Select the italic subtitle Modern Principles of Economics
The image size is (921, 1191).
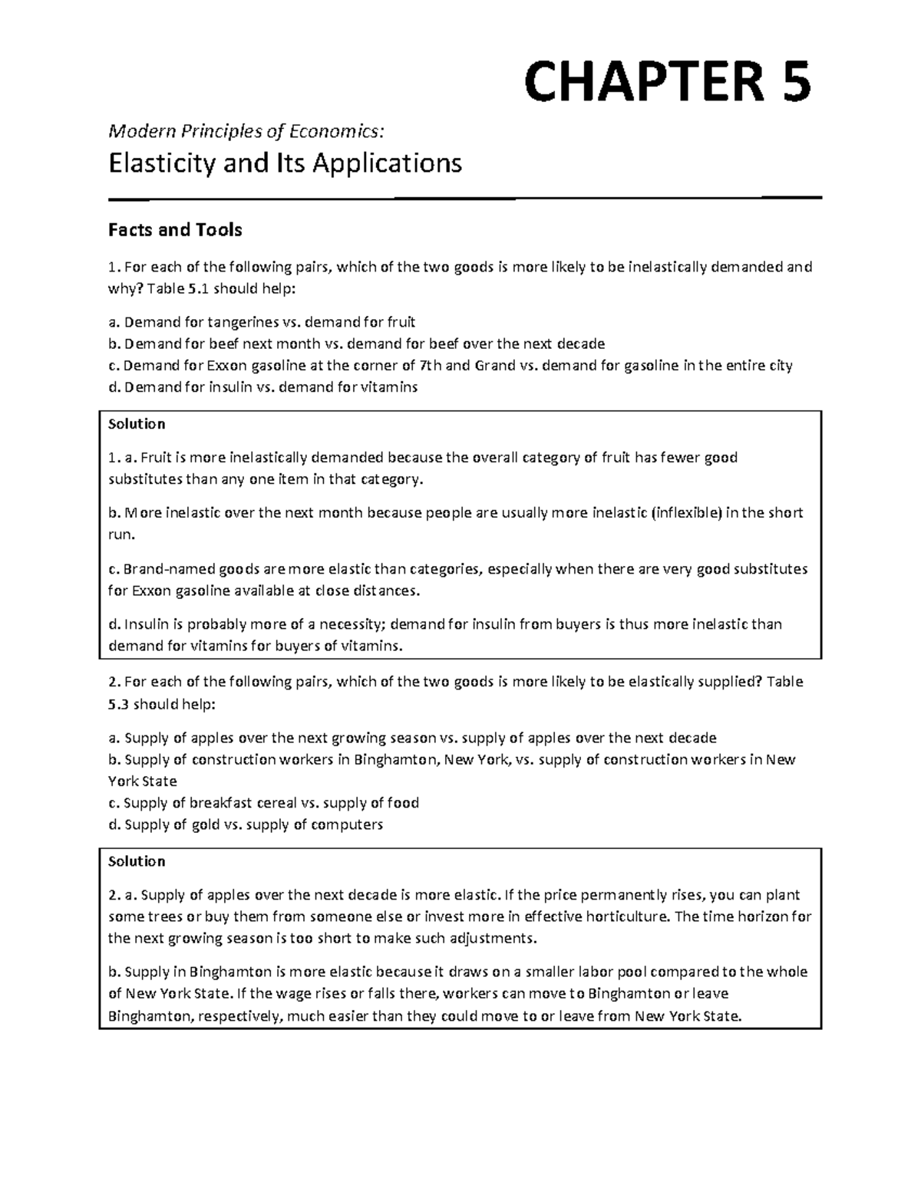tap(246, 132)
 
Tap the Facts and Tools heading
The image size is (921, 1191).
tap(175, 230)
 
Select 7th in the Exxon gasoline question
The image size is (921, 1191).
tap(430, 366)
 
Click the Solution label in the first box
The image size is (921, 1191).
tap(137, 424)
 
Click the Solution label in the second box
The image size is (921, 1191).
tap(137, 861)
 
